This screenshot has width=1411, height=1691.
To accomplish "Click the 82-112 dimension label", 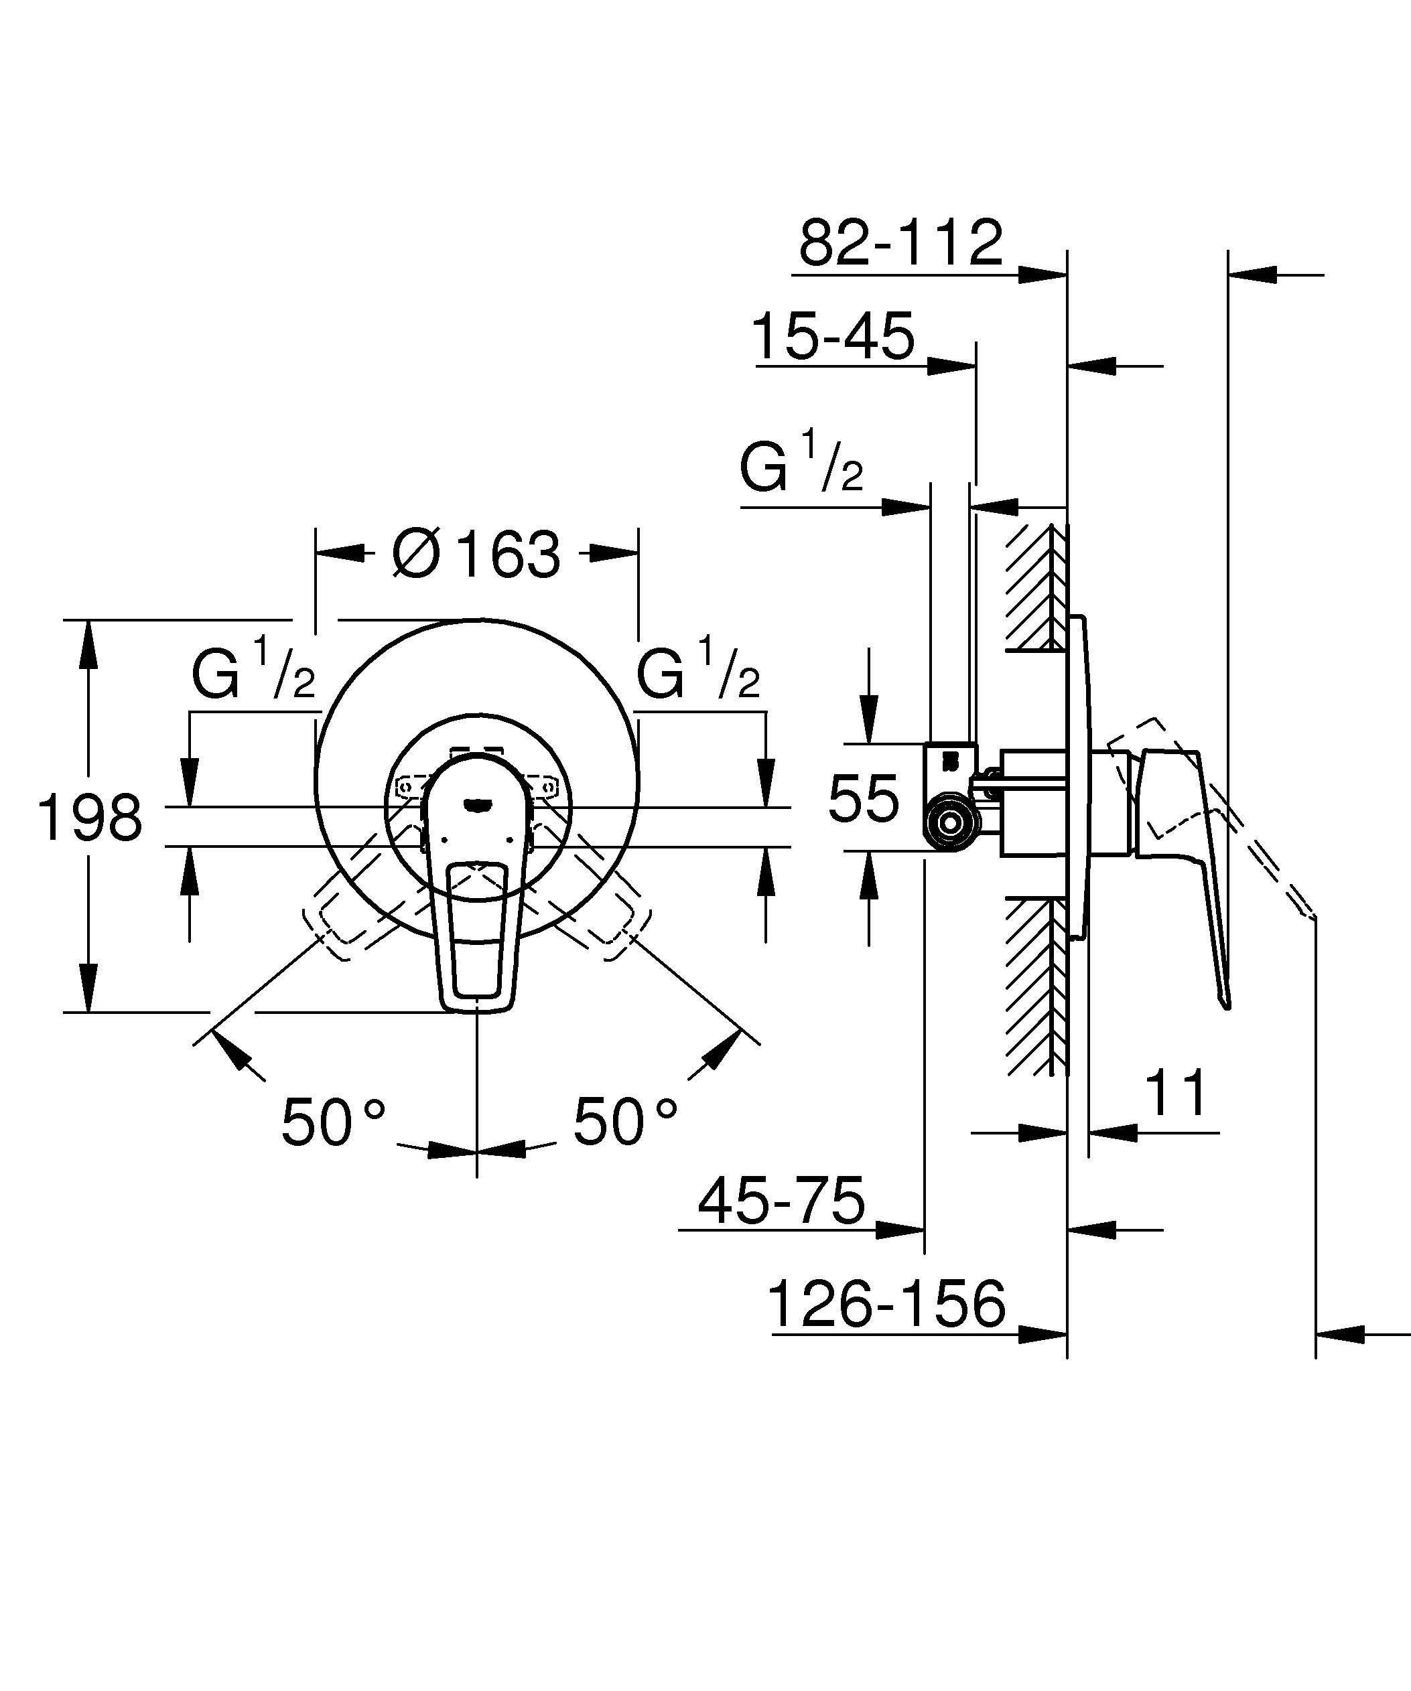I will tap(900, 242).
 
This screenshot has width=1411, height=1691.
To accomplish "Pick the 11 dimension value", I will tap(1177, 1094).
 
